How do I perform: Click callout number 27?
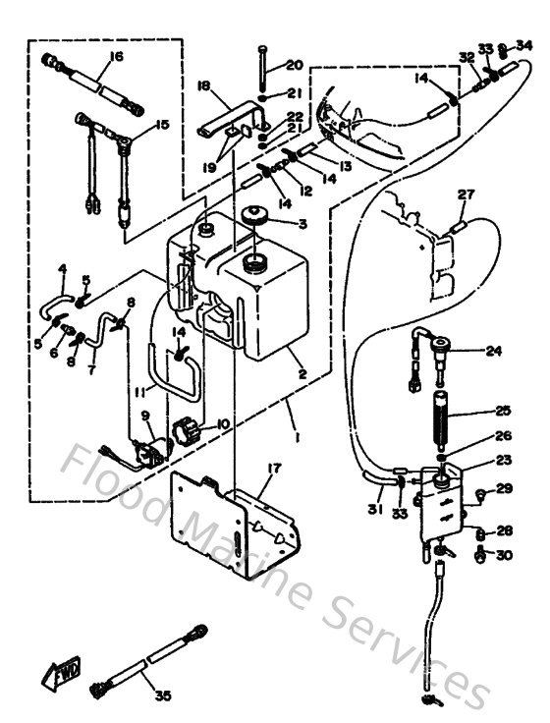click(x=466, y=195)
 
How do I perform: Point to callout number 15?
click(x=161, y=125)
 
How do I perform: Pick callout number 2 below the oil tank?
click(x=302, y=374)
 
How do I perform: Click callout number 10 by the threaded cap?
click(x=223, y=423)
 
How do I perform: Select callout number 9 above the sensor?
click(x=146, y=416)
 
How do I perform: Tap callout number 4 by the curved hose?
click(x=62, y=268)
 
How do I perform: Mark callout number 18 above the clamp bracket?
click(x=205, y=86)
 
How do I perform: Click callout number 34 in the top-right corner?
click(x=525, y=44)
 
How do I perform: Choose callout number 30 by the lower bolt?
click(x=506, y=555)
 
